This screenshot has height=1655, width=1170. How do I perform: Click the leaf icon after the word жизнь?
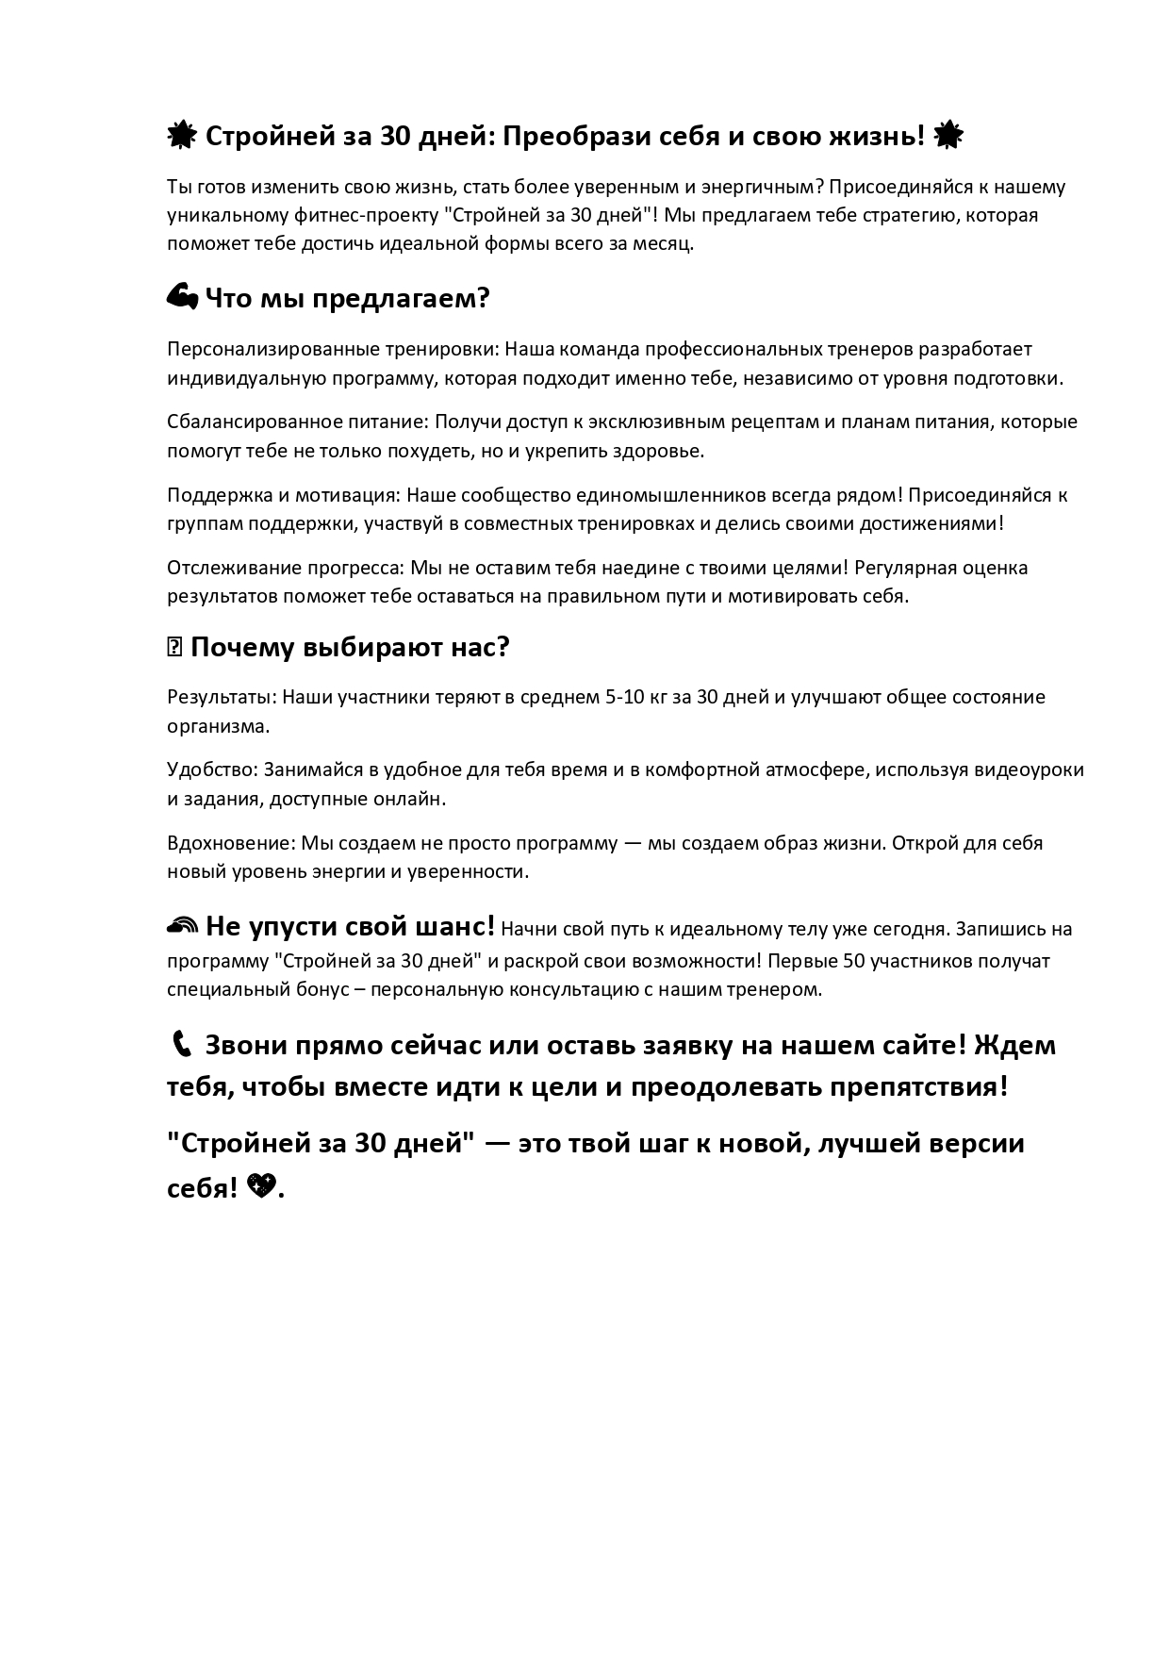(948, 137)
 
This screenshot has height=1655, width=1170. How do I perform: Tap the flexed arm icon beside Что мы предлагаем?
(182, 298)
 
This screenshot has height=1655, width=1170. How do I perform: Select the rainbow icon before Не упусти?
(182, 926)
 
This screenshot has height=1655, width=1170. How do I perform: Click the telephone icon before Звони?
(181, 1045)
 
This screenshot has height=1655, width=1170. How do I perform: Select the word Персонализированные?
(272, 349)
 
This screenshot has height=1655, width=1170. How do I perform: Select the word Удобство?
(211, 770)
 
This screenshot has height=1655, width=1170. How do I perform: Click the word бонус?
(314, 990)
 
